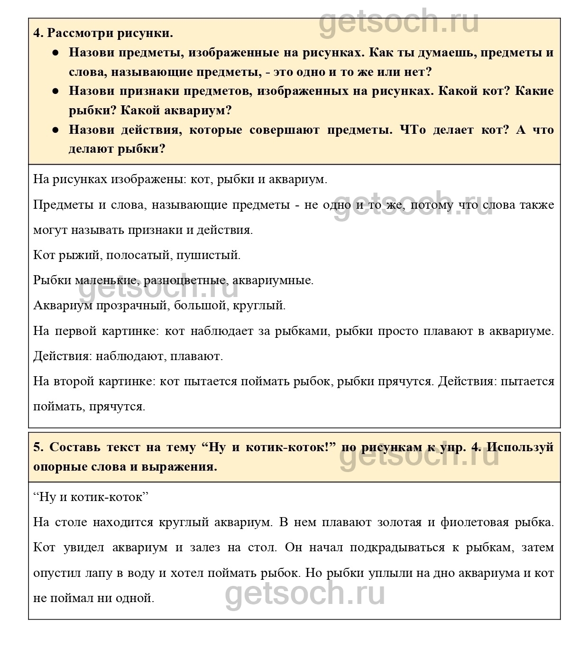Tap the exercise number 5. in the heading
pos(38,447)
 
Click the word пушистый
pos(208,255)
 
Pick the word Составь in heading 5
pos(75,447)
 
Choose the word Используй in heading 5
pos(520,447)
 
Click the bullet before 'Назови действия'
pos(55,130)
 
